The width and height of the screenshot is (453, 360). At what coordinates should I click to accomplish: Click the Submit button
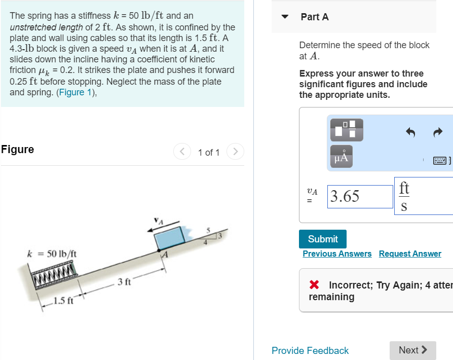(x=323, y=239)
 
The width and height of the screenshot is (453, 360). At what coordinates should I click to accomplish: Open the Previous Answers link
(x=337, y=254)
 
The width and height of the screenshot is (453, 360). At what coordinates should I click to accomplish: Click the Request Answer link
(x=410, y=254)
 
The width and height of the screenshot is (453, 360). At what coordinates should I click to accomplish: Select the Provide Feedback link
(x=310, y=350)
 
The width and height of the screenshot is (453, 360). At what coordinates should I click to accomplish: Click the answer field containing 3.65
(x=360, y=196)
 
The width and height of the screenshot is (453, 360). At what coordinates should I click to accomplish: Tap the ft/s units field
(x=404, y=196)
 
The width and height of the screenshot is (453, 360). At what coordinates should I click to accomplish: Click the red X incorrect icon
(x=315, y=285)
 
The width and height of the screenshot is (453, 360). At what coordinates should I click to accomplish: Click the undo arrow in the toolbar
(x=410, y=132)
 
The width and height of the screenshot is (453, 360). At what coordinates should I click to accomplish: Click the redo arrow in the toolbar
(x=438, y=132)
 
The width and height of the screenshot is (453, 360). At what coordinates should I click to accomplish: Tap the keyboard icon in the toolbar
(x=439, y=161)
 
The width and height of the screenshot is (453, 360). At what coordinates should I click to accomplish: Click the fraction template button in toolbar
(x=347, y=130)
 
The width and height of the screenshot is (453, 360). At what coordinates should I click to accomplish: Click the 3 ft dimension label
(x=124, y=281)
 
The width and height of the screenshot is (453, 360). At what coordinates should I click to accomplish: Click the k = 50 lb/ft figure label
(x=52, y=253)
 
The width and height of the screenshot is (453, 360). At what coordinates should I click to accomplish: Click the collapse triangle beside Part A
(x=285, y=17)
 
